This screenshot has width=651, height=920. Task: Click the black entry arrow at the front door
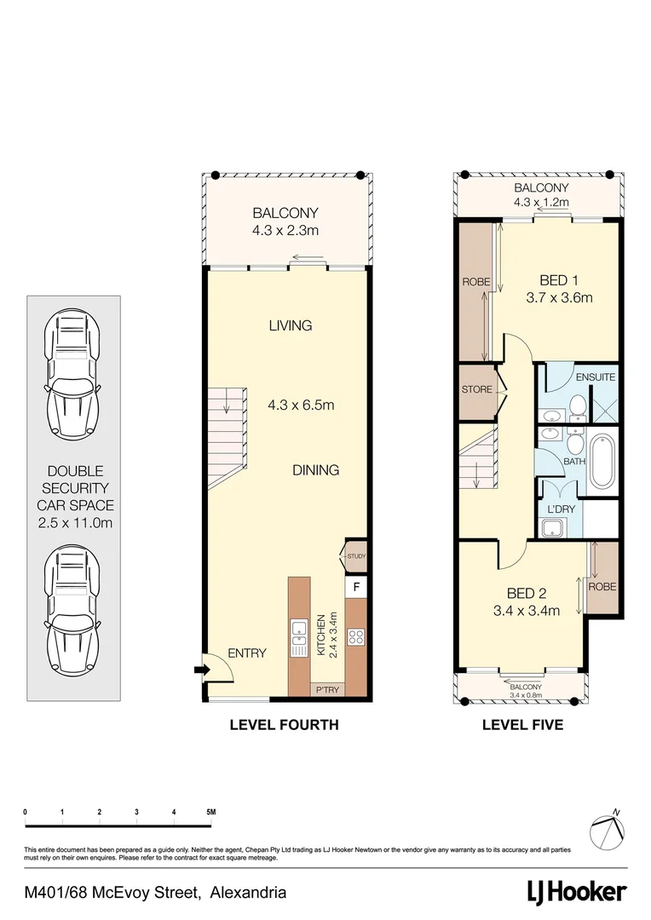201,670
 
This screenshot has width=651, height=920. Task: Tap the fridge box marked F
355,588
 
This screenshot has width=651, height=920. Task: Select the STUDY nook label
355,556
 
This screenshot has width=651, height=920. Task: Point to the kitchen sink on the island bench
299,637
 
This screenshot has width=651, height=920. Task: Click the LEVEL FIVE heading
522,726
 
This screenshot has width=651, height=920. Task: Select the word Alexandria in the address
247,893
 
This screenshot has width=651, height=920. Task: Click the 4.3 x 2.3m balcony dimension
285,230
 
